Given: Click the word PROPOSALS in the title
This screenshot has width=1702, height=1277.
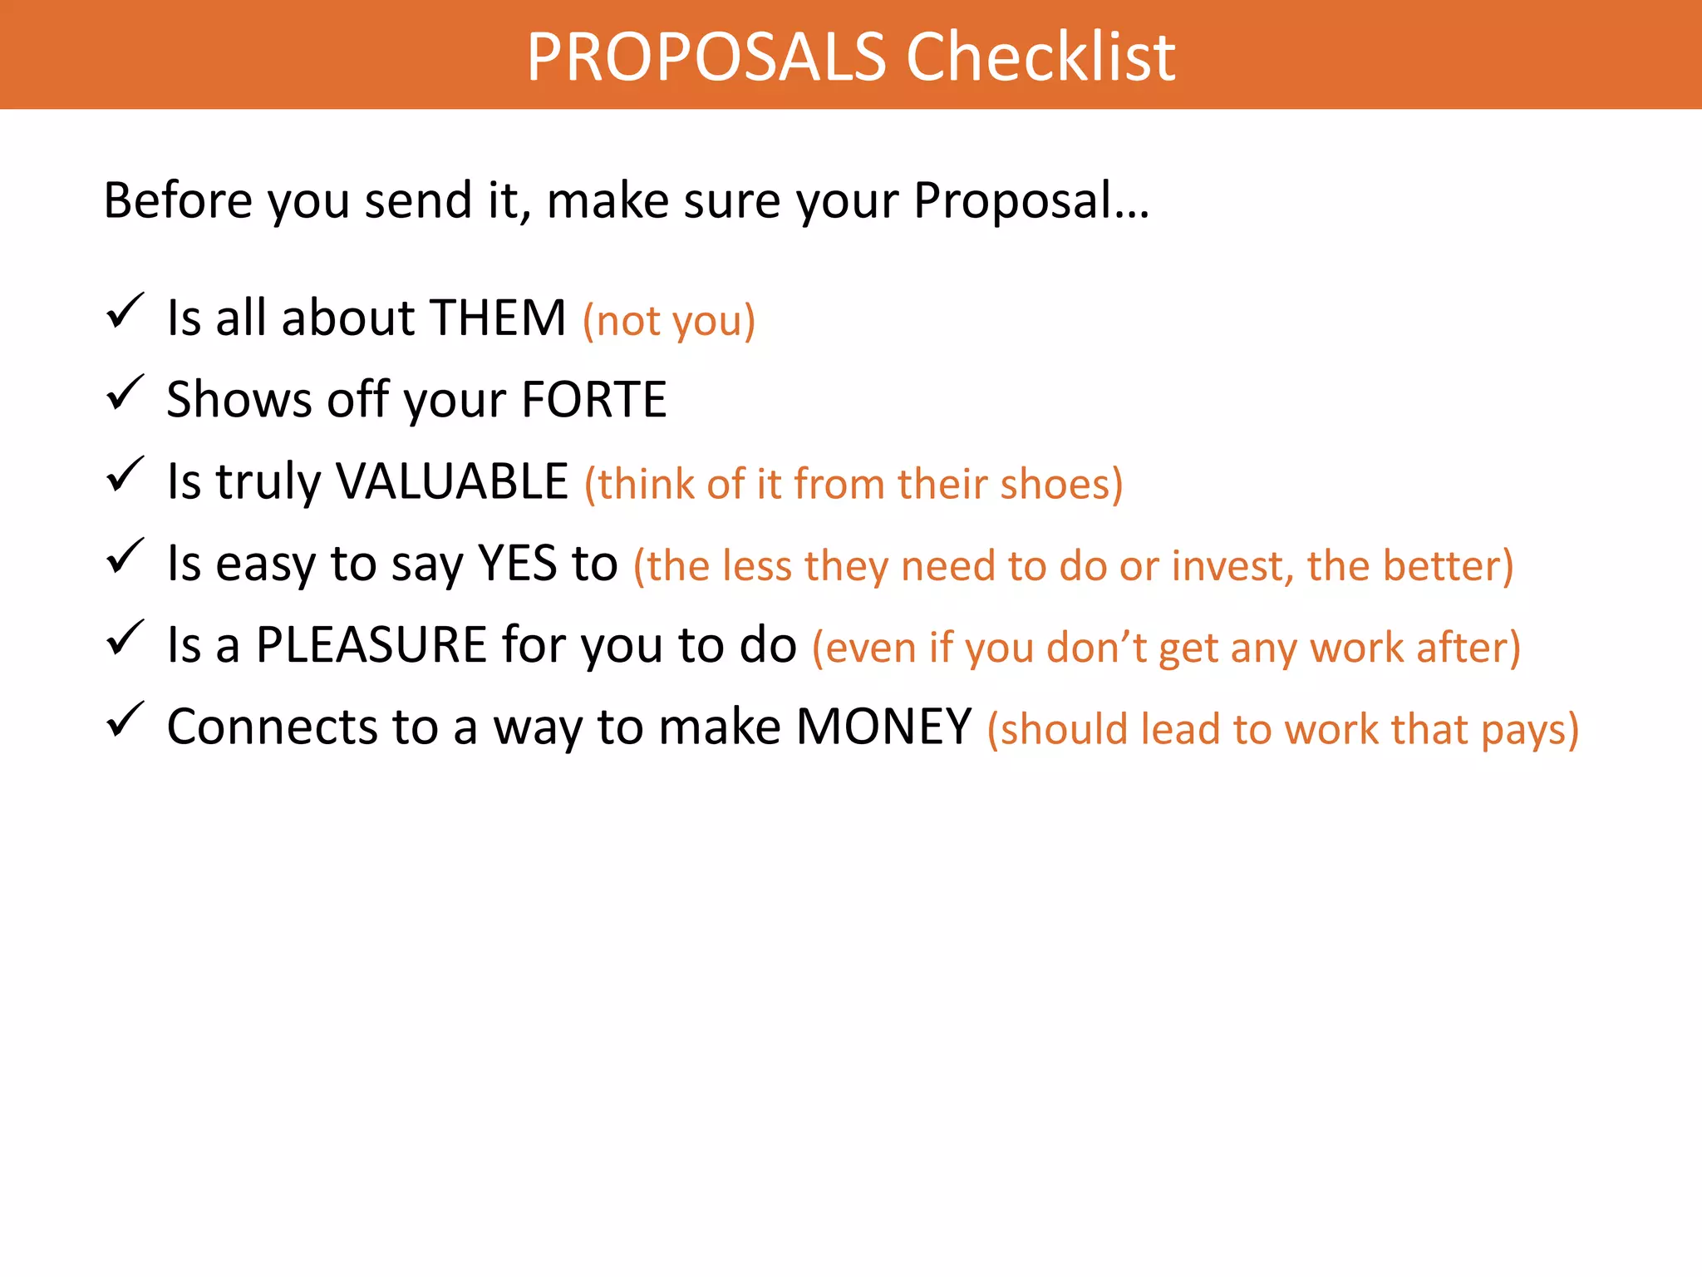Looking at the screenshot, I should pos(706,57).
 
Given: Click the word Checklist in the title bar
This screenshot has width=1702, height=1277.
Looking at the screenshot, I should pos(1040,57).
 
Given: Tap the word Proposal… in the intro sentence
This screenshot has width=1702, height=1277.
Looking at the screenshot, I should pos(1031,200).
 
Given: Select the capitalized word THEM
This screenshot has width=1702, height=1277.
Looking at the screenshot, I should pos(498,318).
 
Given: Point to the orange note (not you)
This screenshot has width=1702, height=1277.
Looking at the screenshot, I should pos(669,321).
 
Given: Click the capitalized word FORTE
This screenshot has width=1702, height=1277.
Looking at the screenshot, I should pos(594,399).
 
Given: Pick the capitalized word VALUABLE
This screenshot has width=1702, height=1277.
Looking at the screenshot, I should pos(452,481).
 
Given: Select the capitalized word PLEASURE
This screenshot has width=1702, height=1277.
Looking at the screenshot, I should pos(371,644).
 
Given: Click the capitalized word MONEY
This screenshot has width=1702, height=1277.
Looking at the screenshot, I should pos(884,727).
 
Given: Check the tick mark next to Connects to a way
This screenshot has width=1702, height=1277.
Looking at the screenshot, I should pos(125,720).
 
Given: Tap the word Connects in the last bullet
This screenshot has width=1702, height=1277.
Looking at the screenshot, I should pos(273,727).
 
